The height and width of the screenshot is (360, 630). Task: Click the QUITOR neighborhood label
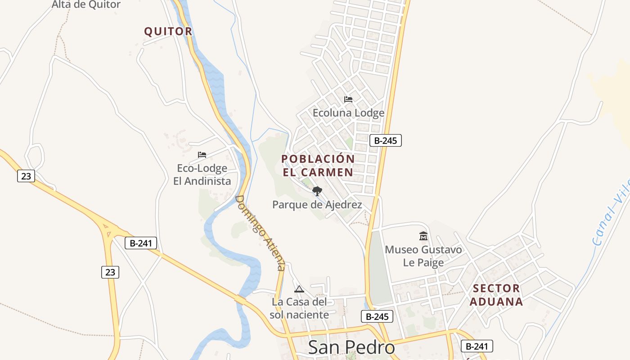pyautogui.click(x=168, y=31)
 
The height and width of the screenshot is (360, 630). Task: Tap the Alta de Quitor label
pyautogui.click(x=86, y=5)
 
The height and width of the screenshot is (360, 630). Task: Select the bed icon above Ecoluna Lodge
pyautogui.click(x=348, y=99)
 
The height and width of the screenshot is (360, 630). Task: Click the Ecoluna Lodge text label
pyautogui.click(x=349, y=113)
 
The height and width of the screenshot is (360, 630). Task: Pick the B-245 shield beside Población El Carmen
pyautogui.click(x=385, y=140)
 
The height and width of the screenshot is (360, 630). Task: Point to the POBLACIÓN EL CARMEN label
pyautogui.click(x=318, y=166)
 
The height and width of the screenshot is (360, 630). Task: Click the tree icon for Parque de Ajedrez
pyautogui.click(x=317, y=191)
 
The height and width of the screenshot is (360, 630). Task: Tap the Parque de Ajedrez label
pyautogui.click(x=317, y=205)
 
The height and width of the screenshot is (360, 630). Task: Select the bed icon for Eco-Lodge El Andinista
pyautogui.click(x=202, y=155)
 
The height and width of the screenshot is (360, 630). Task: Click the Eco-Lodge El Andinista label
pyautogui.click(x=202, y=175)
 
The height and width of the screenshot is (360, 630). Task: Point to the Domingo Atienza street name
pyautogui.click(x=261, y=233)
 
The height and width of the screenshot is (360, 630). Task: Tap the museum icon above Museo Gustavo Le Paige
pyautogui.click(x=423, y=236)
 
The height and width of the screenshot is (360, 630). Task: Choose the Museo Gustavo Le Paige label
pyautogui.click(x=423, y=256)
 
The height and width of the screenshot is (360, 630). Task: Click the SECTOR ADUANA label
pyautogui.click(x=496, y=295)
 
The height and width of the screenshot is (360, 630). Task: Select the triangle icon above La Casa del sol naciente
pyautogui.click(x=299, y=289)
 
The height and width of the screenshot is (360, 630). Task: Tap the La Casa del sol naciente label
pyautogui.click(x=299, y=308)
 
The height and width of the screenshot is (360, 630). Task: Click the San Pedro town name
pyautogui.click(x=351, y=347)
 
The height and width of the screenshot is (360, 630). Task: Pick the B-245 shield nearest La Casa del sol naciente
pyautogui.click(x=377, y=316)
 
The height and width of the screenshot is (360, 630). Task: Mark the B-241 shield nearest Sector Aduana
pyautogui.click(x=477, y=346)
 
